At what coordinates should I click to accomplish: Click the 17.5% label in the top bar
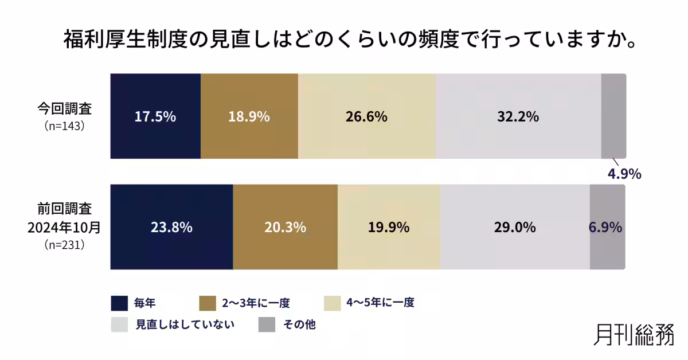coord(155,116)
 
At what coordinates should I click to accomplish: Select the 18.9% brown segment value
coord(249,116)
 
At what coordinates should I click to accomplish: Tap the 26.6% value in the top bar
coord(366,116)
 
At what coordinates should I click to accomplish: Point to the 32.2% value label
coord(518,116)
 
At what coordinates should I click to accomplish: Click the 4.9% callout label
coord(624,174)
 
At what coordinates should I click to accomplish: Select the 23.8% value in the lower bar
coord(171,227)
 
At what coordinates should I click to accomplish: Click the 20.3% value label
coord(285,227)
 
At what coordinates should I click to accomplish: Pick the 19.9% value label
coord(388,227)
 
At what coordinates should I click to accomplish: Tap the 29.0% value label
coord(514,227)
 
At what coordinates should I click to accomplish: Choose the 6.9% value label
coord(605,227)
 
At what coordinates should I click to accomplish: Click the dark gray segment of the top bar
coord(613,116)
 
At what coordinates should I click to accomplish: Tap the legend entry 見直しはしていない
coord(185,324)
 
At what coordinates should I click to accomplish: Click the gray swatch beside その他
coord(266,324)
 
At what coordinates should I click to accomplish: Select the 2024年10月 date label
coord(64,227)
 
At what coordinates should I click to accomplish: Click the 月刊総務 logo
coord(633,334)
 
